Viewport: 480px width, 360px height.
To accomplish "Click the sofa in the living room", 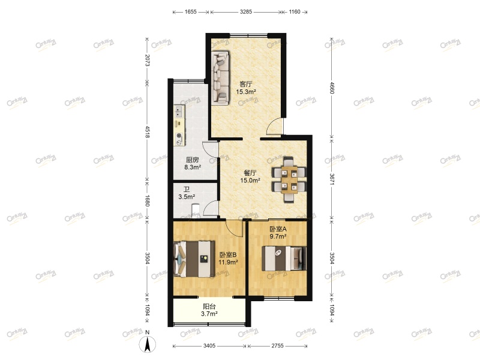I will (220, 79).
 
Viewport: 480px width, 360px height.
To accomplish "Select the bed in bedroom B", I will (194, 259).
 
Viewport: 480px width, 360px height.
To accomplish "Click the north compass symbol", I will (148, 344).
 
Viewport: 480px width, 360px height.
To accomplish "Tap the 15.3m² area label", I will (246, 92).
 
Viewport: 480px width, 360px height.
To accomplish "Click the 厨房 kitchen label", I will (192, 160).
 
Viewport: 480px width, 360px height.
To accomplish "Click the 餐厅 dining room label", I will (251, 172).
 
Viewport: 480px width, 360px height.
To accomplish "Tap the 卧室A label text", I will (278, 229).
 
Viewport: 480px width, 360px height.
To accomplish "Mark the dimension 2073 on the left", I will (146, 60).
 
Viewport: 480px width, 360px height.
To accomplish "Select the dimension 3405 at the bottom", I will (209, 346).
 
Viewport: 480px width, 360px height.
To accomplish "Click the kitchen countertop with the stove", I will (179, 126).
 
